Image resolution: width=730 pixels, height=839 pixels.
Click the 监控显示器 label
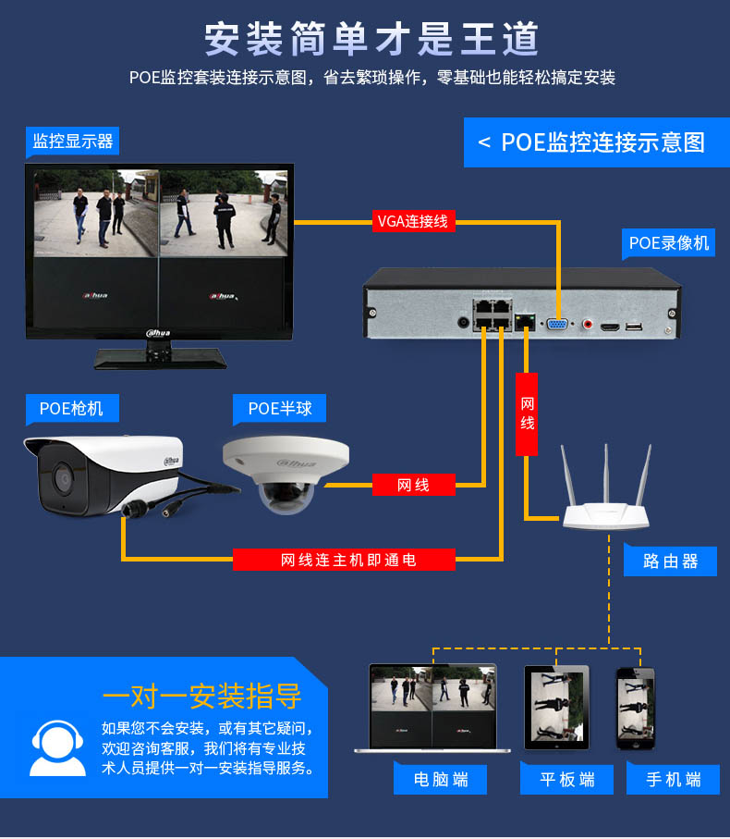click(x=72, y=142)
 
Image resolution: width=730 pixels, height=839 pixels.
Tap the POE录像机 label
click(x=669, y=243)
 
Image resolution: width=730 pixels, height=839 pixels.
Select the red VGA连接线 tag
click(x=412, y=221)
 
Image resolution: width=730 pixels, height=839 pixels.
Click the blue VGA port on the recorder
click(x=557, y=325)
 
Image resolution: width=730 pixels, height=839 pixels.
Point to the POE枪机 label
click(x=71, y=407)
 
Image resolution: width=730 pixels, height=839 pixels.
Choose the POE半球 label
click(x=280, y=407)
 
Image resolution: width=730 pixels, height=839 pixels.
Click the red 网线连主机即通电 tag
click(x=344, y=560)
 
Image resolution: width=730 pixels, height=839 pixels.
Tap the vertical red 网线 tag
click(x=527, y=414)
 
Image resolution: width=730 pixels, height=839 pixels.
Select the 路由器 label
click(x=672, y=561)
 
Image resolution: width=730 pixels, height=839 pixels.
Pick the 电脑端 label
click(x=441, y=779)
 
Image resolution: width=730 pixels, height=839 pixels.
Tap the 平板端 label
click(x=567, y=779)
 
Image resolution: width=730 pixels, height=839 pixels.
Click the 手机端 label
click(x=674, y=779)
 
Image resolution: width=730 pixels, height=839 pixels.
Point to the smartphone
click(x=635, y=708)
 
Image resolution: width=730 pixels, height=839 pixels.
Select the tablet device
click(x=555, y=708)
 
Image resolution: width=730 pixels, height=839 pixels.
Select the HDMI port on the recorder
click(x=610, y=327)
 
